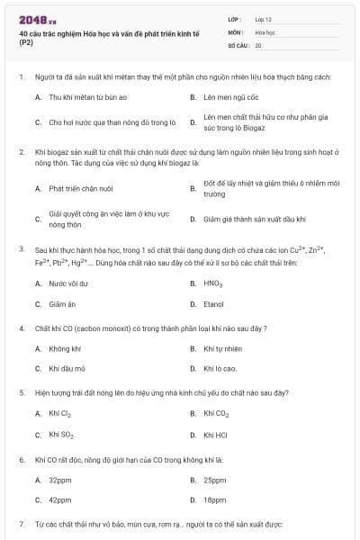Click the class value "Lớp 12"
[x=265, y=19]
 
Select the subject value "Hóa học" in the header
[x=265, y=31]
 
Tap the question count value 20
[x=258, y=44]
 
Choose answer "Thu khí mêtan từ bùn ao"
[x=88, y=96]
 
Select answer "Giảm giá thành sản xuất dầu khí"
[x=255, y=219]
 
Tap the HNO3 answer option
[x=212, y=283]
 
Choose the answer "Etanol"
[x=213, y=304]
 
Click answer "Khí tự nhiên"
[x=222, y=347]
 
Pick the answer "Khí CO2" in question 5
[x=216, y=413]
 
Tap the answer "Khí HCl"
[x=215, y=435]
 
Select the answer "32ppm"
[x=60, y=480]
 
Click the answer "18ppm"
[x=214, y=500]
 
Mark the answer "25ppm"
[x=214, y=480]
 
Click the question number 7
[x=21, y=523]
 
